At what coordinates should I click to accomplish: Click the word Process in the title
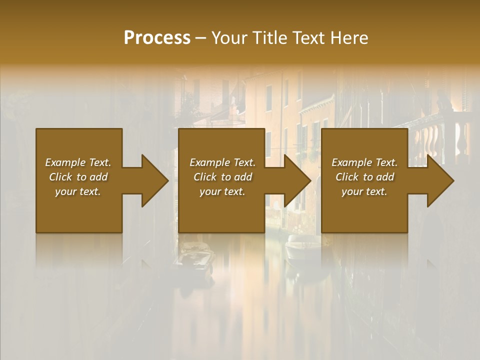click(x=157, y=38)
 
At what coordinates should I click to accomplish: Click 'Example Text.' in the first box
click(x=78, y=162)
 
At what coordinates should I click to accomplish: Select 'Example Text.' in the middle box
click(x=222, y=162)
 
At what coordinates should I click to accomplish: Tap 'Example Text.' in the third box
click(x=364, y=162)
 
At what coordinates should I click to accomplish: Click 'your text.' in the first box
click(x=78, y=191)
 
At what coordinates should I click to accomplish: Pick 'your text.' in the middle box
click(x=222, y=191)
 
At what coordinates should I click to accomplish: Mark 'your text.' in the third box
click(x=364, y=191)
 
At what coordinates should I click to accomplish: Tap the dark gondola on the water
click(x=195, y=257)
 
